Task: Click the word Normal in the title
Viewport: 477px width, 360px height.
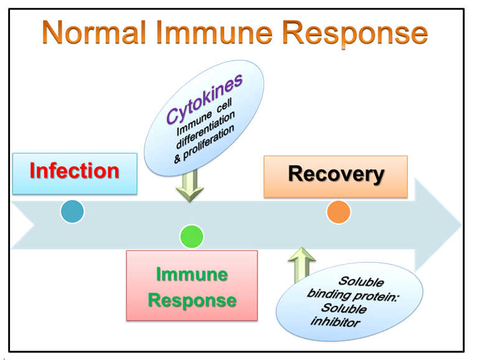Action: [94, 32]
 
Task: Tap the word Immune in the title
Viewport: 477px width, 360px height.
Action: [214, 32]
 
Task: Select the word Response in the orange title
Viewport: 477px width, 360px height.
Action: [355, 34]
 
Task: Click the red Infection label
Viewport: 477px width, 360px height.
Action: [75, 171]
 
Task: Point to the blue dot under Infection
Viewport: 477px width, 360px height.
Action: [72, 212]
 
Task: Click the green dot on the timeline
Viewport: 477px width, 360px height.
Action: [192, 237]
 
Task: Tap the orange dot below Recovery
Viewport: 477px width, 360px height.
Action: [339, 212]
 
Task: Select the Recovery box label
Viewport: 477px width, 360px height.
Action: [336, 174]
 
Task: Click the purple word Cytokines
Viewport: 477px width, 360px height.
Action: [204, 99]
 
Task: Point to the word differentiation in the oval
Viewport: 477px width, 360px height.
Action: [205, 130]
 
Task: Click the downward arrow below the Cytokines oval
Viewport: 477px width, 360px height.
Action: [190, 186]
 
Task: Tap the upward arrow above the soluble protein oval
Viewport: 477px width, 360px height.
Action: [301, 265]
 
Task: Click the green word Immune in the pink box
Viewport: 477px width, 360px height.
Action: [192, 274]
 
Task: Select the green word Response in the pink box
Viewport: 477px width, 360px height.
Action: [192, 301]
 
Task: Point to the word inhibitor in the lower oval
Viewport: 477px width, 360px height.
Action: [335, 321]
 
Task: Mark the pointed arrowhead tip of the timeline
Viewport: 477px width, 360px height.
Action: [461, 225]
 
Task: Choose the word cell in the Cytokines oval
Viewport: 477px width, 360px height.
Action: [225, 105]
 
